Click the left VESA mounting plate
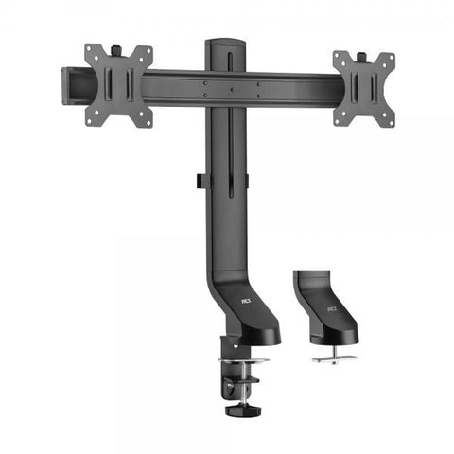118,85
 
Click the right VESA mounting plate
363,88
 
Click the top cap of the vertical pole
225,43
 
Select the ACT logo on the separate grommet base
332,308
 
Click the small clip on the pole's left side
200,180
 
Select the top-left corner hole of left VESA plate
92,51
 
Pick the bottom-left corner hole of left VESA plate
92,120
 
